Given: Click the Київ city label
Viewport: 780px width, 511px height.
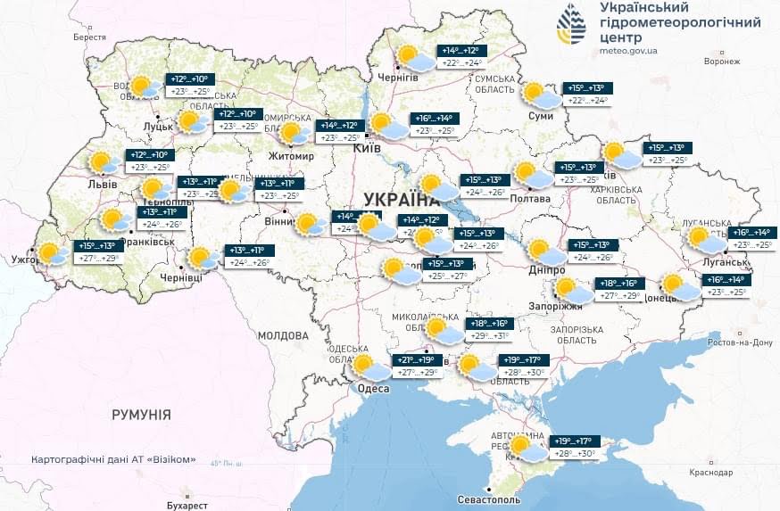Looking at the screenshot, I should tap(367, 147).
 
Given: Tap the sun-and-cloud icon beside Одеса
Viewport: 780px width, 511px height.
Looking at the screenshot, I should tap(366, 366).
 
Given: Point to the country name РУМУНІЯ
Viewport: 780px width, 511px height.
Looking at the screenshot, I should tap(141, 415).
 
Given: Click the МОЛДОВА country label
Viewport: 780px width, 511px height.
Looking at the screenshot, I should tap(282, 335).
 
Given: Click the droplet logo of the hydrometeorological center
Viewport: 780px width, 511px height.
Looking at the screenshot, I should tap(571, 24).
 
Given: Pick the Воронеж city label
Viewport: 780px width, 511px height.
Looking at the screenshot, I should tap(722, 62).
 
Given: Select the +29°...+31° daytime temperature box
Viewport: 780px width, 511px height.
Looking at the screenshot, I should tap(489, 336).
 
